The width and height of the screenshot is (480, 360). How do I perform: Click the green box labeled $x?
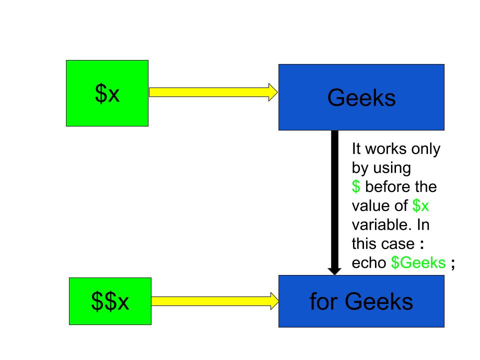pyautogui.click(x=107, y=93)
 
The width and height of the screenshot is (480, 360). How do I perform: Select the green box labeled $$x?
pyautogui.click(x=110, y=301)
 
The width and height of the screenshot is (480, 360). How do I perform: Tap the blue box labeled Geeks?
pyautogui.click(x=361, y=97)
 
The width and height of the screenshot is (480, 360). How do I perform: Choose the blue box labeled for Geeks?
pyautogui.click(x=361, y=301)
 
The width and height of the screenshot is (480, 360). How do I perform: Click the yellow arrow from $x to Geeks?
pyautogui.click(x=210, y=92)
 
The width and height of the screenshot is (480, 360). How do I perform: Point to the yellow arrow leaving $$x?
pyautogui.click(x=212, y=301)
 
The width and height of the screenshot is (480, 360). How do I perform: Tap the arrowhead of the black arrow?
pyautogui.click(x=334, y=269)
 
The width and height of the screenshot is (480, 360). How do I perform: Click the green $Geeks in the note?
pyautogui.click(x=418, y=263)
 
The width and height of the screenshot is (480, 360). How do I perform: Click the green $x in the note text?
pyautogui.click(x=421, y=206)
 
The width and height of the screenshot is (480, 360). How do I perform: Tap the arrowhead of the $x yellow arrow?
pyautogui.click(x=273, y=92)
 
